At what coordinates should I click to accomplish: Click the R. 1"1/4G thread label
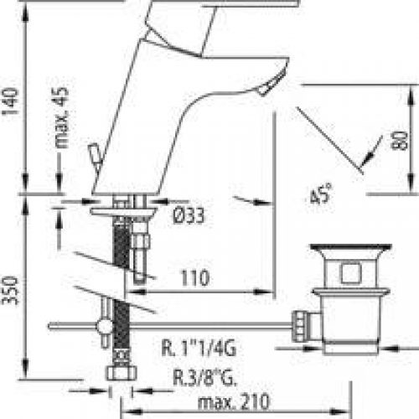(x=204, y=343)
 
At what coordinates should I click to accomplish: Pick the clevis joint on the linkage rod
(x=105, y=324)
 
